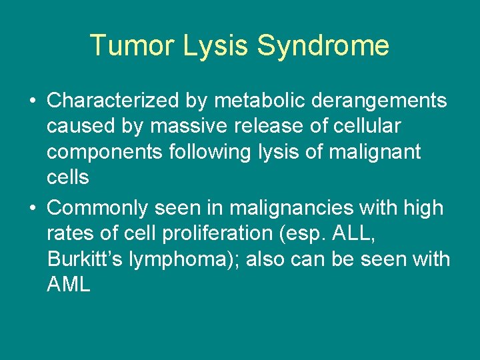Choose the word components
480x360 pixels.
tap(104, 152)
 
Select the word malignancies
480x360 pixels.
tap(291, 208)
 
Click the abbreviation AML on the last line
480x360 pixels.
tap(69, 285)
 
